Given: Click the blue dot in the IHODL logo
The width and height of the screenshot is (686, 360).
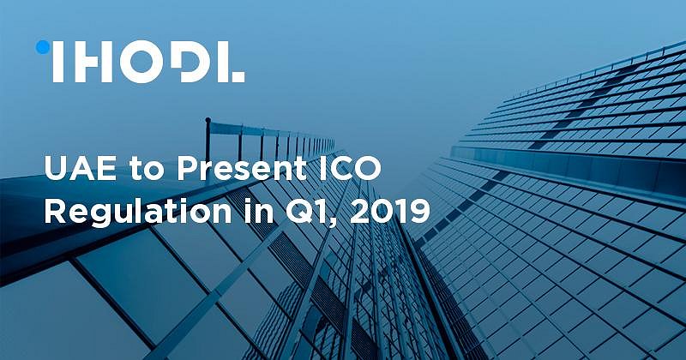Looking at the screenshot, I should coord(41,47).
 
